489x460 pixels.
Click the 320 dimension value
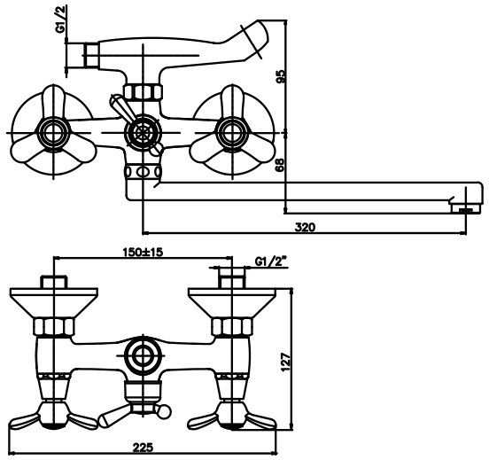tap(305, 227)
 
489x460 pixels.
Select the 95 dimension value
tap(280, 76)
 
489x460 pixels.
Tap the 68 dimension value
tap(280, 165)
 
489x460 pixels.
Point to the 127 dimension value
tap(285, 362)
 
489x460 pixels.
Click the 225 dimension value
tap(144, 448)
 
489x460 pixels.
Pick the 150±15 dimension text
tap(143, 252)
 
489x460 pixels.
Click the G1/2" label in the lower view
tap(271, 261)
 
